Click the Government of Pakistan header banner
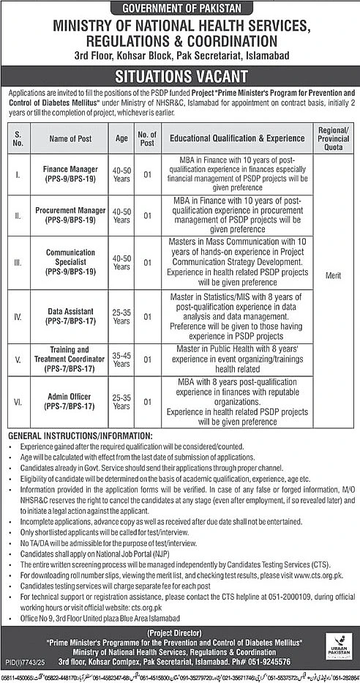[179, 9]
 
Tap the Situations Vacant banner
[179, 75]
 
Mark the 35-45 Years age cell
[122, 358]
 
